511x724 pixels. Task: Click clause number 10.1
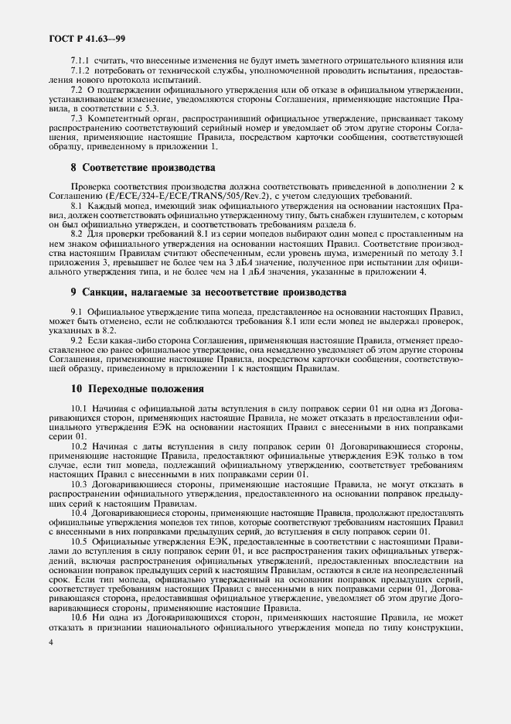coord(79,408)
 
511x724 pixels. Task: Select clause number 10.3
coord(79,483)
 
